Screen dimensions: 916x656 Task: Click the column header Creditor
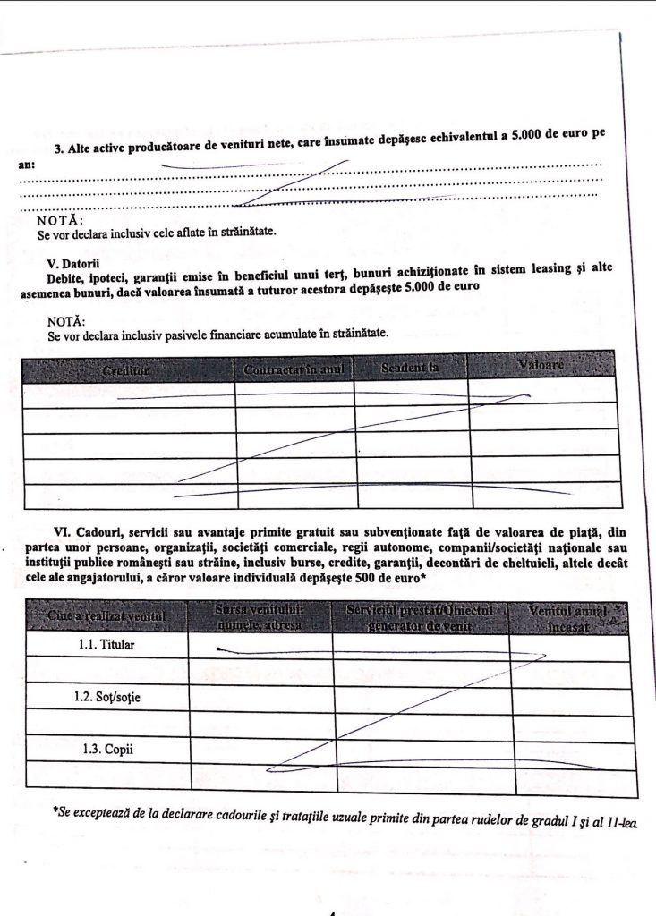click(126, 369)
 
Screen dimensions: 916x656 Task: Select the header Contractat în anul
click(294, 369)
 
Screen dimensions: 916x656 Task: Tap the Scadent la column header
click(410, 368)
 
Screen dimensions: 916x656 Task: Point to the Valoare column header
click(541, 366)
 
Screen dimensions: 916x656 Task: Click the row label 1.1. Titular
click(107, 645)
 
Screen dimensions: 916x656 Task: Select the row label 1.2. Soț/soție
click(107, 695)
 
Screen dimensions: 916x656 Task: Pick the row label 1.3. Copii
click(107, 747)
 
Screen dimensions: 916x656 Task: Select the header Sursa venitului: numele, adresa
click(260, 616)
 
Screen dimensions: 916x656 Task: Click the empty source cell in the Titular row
click(260, 645)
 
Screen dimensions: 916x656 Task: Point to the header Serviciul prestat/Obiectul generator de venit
click(420, 616)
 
